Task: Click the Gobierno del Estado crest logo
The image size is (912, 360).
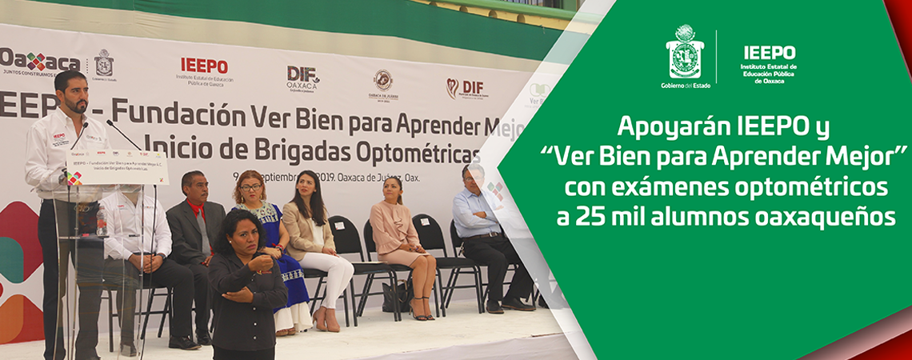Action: pos(684,51)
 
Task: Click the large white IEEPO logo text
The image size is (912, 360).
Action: pos(769,53)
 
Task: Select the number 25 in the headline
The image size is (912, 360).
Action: pos(590,216)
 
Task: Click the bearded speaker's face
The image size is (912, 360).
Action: pos(75,94)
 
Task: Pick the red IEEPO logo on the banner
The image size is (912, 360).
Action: pos(204,66)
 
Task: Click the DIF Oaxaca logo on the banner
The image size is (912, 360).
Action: pos(302,78)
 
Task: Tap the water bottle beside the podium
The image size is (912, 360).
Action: pos(102,222)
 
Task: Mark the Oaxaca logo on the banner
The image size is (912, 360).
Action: pos(38,61)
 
